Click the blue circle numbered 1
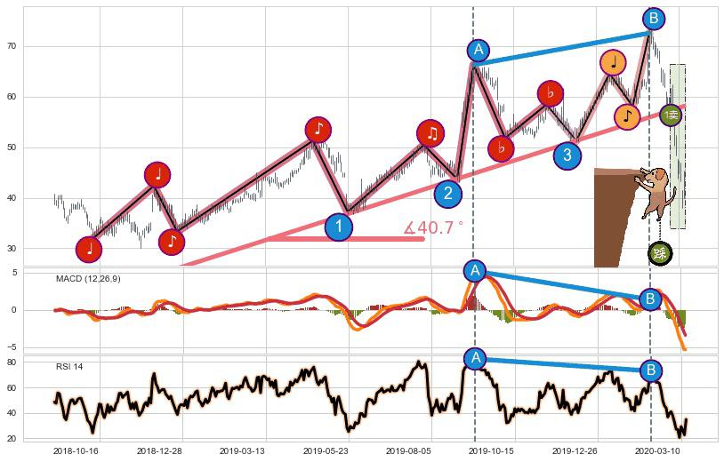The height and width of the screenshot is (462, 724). [338, 227]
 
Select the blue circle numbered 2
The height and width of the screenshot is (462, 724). [448, 193]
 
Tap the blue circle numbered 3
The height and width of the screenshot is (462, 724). [567, 155]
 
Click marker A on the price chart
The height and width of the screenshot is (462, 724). [479, 50]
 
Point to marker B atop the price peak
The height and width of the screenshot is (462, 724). [654, 18]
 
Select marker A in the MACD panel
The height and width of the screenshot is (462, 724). [474, 271]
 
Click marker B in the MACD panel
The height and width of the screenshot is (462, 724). [651, 299]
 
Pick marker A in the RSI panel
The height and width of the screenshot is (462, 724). [475, 358]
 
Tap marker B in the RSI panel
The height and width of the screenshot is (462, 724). [651, 370]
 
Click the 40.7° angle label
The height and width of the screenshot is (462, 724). [433, 228]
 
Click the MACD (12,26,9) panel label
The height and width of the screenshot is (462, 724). [88, 279]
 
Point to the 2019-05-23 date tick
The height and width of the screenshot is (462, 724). [332, 451]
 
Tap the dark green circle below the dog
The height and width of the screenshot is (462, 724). [659, 253]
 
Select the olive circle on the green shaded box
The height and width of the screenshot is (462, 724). [672, 115]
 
